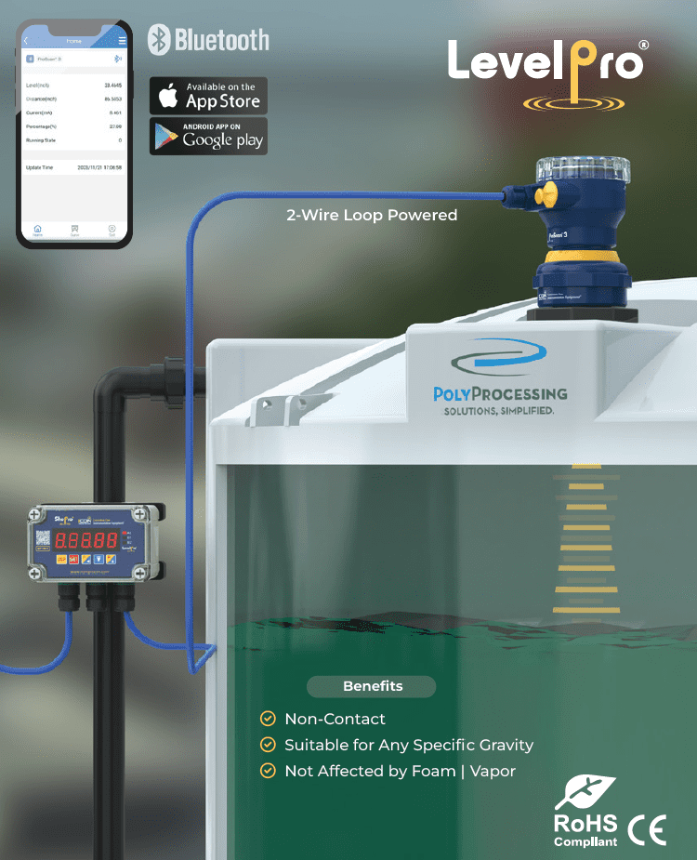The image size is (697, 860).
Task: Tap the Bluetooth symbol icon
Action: click(x=161, y=40)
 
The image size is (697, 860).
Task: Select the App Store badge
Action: click(x=208, y=96)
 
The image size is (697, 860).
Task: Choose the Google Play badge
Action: click(x=208, y=136)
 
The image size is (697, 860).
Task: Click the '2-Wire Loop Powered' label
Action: click(x=372, y=216)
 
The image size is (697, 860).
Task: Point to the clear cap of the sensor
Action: click(x=583, y=169)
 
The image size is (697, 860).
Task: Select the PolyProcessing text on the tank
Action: click(x=500, y=394)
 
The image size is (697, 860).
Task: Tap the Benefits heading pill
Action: click(x=372, y=686)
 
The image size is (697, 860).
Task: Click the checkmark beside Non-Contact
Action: click(x=268, y=719)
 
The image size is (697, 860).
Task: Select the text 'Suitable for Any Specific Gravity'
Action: click(x=409, y=745)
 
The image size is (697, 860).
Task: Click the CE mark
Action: click(x=647, y=828)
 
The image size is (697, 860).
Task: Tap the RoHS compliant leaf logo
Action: click(x=585, y=792)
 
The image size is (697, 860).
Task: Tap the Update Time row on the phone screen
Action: click(x=74, y=167)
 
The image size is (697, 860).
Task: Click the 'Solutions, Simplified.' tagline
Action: click(x=499, y=411)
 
